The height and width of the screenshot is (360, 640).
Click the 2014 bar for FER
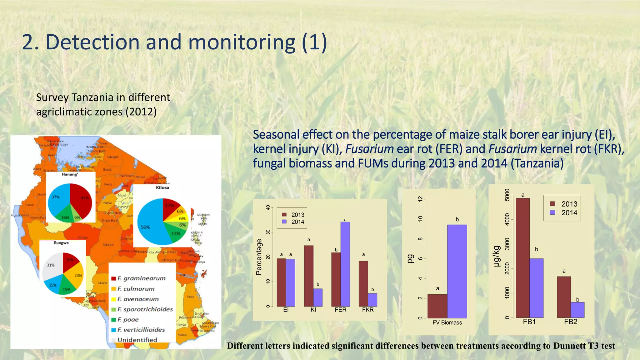[345, 264]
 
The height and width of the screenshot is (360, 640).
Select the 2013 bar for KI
[308, 276]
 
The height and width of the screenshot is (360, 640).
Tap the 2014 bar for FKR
[372, 300]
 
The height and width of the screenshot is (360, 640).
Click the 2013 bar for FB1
[522, 258]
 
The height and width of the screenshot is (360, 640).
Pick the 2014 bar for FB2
[577, 310]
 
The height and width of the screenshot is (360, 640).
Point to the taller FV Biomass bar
[457, 271]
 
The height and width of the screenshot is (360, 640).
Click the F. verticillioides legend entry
[141, 330]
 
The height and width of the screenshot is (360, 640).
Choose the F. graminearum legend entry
[141, 278]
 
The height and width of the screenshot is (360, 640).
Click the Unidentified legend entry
[137, 340]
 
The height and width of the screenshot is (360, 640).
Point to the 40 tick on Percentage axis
[268, 207]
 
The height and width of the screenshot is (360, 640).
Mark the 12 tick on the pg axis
[421, 199]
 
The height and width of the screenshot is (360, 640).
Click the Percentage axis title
[259, 257]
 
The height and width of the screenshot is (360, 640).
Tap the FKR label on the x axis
[368, 310]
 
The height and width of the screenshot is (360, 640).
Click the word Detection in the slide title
[92, 42]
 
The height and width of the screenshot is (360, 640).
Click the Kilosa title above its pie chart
[162, 187]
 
